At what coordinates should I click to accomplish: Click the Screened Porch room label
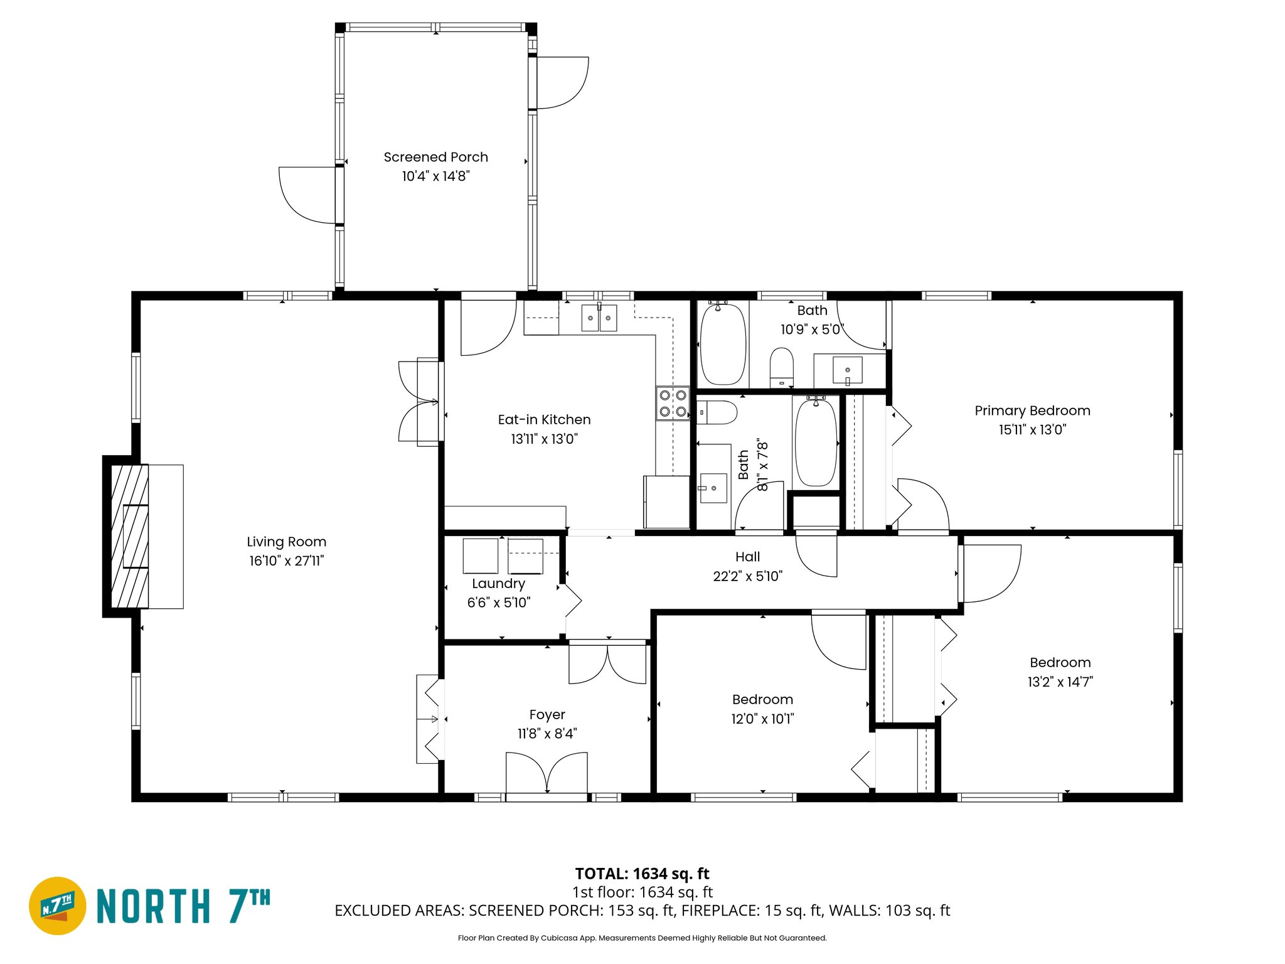pyautogui.click(x=435, y=157)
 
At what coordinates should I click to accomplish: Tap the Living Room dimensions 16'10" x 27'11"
pyautogui.click(x=286, y=560)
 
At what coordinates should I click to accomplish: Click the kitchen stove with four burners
pyautogui.click(x=673, y=404)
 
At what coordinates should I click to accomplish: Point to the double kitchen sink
pyautogui.click(x=599, y=318)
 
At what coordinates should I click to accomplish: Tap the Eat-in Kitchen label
pyautogui.click(x=544, y=419)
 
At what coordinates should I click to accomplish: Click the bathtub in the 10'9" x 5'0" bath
pyautogui.click(x=723, y=344)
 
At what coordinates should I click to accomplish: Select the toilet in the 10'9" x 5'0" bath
pyautogui.click(x=782, y=367)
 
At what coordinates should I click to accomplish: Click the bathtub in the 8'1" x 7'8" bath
pyautogui.click(x=816, y=442)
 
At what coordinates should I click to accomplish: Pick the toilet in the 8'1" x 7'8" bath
pyautogui.click(x=718, y=412)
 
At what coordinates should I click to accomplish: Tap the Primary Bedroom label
pyautogui.click(x=1032, y=410)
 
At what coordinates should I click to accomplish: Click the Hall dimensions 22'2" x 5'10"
pyautogui.click(x=747, y=576)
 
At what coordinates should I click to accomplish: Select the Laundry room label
pyautogui.click(x=498, y=584)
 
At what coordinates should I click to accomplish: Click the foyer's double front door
pyautogui.click(x=547, y=773)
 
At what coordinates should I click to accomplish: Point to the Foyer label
pyautogui.click(x=547, y=714)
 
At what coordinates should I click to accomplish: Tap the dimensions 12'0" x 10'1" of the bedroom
pyautogui.click(x=762, y=719)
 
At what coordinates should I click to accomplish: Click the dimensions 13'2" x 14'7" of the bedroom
pyautogui.click(x=1060, y=682)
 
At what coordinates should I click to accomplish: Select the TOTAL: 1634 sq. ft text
pyautogui.click(x=642, y=874)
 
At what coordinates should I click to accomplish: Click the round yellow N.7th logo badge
pyautogui.click(x=58, y=906)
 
